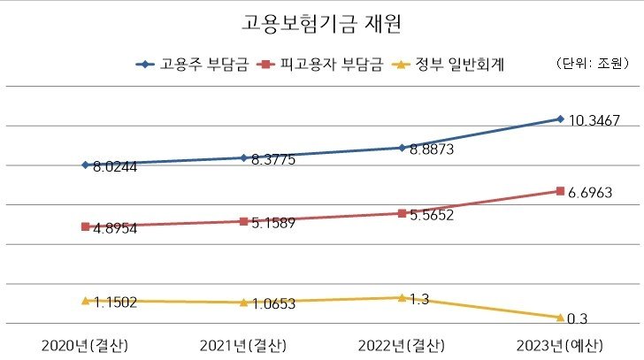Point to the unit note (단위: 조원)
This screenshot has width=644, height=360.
pyautogui.click(x=590, y=64)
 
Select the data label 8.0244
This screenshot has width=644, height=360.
pyautogui.click(x=115, y=167)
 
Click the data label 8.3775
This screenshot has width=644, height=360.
pyautogui.click(x=273, y=160)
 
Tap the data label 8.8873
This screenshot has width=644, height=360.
pyautogui.click(x=432, y=150)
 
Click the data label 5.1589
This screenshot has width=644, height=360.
pyautogui.click(x=273, y=223)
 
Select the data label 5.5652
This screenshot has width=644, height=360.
pyautogui.click(x=432, y=215)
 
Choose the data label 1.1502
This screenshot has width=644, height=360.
pyautogui.click(x=115, y=303)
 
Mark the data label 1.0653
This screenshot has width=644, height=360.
pyautogui.click(x=273, y=304)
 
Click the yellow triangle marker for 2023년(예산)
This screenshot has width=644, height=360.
pyautogui.click(x=560, y=317)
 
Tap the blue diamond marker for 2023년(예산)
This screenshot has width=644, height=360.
pyautogui.click(x=560, y=119)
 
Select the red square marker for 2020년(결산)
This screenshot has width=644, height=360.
pyautogui.click(x=85, y=226)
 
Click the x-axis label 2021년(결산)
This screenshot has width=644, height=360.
pyautogui.click(x=243, y=344)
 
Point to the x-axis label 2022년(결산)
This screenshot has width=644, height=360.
pyautogui.click(x=402, y=344)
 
